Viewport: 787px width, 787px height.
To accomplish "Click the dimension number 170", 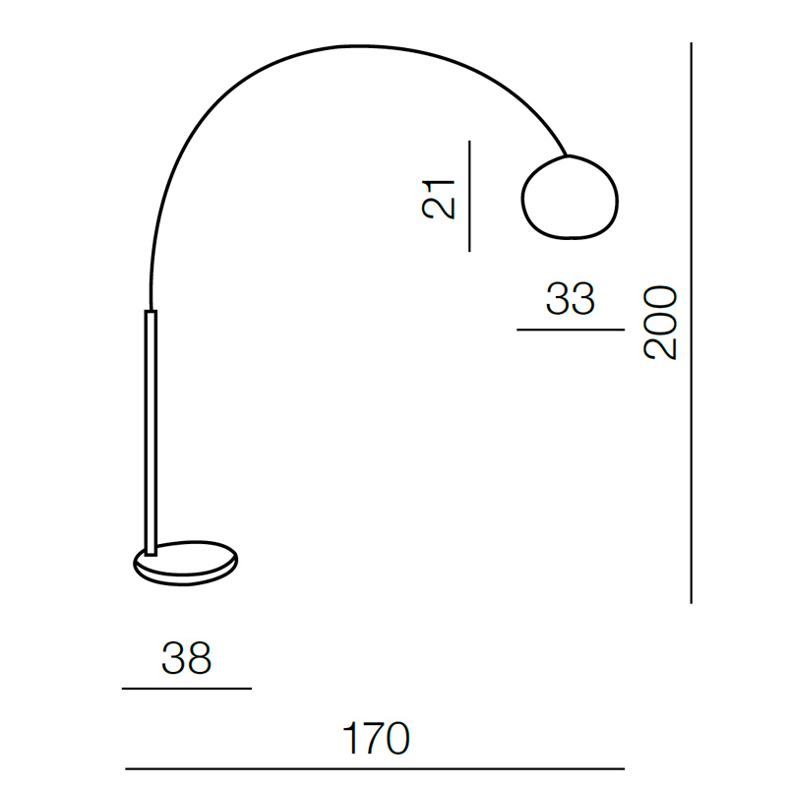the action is [376, 739].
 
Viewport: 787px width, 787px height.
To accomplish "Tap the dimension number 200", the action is [660, 323].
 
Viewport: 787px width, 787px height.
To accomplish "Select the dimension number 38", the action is [186, 658].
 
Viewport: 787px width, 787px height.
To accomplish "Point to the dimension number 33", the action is [571, 299].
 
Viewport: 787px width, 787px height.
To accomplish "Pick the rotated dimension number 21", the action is [438, 200].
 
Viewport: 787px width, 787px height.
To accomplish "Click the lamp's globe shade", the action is [570, 198].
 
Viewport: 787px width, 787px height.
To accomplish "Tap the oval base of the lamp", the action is [186, 564].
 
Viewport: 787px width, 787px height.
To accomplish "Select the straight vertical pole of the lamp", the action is [151, 433].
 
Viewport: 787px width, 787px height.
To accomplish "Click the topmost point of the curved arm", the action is [359, 46].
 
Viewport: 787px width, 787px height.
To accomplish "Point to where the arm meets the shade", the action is [568, 155].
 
